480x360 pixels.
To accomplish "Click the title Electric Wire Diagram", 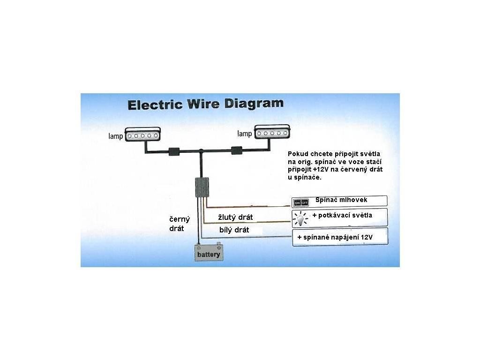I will pos(206,104).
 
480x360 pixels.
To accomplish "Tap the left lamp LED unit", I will pos(142,135).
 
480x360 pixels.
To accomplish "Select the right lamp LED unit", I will pos(272,133).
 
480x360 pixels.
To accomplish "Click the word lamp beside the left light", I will pos(116,137).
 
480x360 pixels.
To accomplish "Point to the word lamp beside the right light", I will pos(244,134).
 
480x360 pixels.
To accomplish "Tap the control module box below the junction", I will pos(202,187).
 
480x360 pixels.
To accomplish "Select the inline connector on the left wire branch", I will pos(174,151).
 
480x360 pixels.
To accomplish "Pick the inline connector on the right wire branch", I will pos(237,151).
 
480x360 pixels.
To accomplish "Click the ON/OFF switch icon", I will pos(301,202).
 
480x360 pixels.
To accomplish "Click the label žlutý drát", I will pos(236,217).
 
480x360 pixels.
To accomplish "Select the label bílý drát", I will pos(234,230).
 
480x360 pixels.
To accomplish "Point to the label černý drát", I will pos(179,224).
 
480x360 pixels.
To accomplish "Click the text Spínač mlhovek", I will pos(341,200).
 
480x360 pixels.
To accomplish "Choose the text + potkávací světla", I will pos(342,216).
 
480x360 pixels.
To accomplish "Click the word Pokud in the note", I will pos(298,154).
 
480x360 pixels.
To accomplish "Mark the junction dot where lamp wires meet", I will pos(201,151).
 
